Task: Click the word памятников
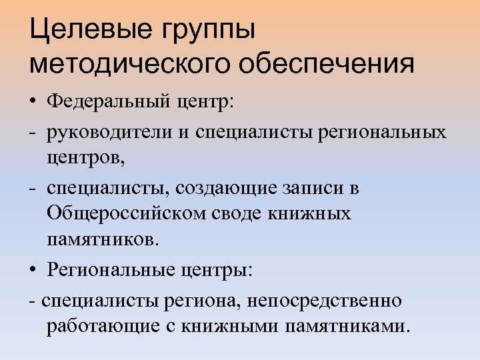(103, 240)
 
